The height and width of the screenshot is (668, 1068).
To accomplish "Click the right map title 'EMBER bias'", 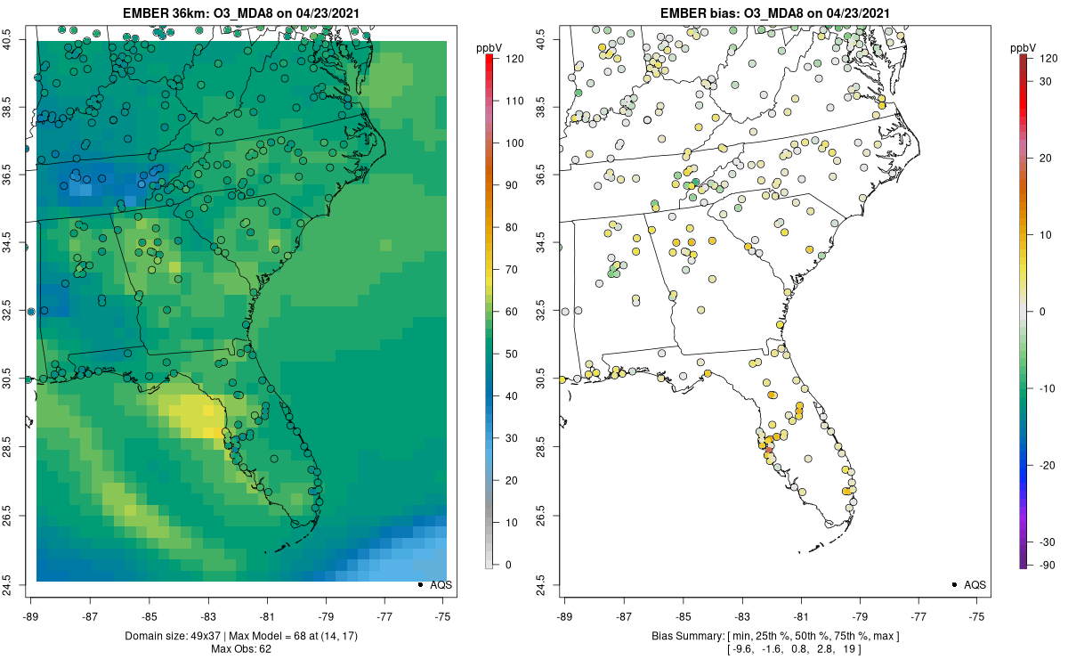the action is [x=694, y=12].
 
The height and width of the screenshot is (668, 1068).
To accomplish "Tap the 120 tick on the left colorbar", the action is [x=514, y=59].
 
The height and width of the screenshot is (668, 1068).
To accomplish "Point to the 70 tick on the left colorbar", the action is [x=512, y=270].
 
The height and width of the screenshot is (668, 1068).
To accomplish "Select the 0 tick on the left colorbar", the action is [x=508, y=565].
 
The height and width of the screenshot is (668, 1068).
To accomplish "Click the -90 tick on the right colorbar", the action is [x=1047, y=566].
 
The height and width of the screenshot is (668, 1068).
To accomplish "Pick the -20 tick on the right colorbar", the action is [x=1047, y=465].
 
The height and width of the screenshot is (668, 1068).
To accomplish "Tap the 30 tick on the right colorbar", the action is [x=1045, y=82].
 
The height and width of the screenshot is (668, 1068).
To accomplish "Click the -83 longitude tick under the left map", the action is [x=208, y=617].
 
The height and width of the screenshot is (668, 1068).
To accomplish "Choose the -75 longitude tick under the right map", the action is [x=976, y=617].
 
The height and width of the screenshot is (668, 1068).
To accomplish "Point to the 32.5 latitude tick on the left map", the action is [x=6, y=310].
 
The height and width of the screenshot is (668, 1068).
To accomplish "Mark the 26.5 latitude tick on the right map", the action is [x=539, y=516].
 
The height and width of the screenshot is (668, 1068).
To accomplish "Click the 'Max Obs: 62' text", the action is [x=241, y=649].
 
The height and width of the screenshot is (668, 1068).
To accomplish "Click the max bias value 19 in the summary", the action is [x=849, y=649].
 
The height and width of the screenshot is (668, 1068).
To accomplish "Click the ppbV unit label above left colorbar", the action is [x=489, y=48].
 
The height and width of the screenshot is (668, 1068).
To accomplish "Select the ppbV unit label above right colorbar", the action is [x=1023, y=48].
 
